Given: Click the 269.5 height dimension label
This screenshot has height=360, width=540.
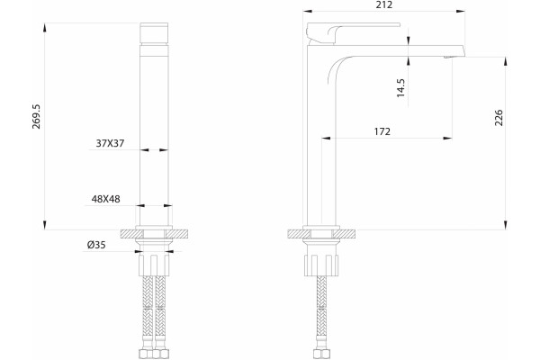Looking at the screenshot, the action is [x=36, y=116].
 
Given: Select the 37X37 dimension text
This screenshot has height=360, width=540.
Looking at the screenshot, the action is [x=110, y=143].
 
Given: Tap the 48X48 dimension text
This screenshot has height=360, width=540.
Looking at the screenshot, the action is [x=105, y=199].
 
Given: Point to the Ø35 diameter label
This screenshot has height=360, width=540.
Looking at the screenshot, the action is [x=96, y=245].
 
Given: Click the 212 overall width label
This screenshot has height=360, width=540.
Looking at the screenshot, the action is [x=384, y=4].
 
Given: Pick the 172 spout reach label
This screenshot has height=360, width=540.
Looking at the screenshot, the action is [x=382, y=131].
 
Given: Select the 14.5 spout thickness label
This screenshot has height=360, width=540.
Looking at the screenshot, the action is [x=400, y=88].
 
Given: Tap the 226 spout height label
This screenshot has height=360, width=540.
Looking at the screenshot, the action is [x=499, y=118].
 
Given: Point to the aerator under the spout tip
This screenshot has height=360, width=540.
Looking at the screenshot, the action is [x=446, y=58].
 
